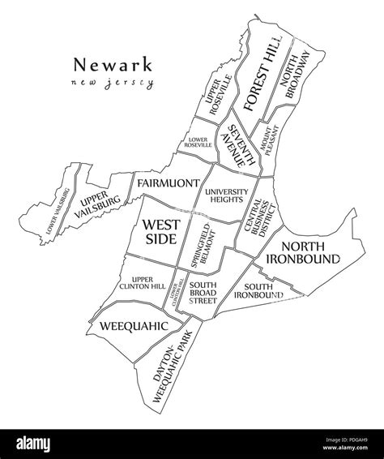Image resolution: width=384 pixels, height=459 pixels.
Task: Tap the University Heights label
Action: [225, 196]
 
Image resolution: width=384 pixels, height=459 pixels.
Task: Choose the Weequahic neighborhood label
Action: [133, 326]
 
